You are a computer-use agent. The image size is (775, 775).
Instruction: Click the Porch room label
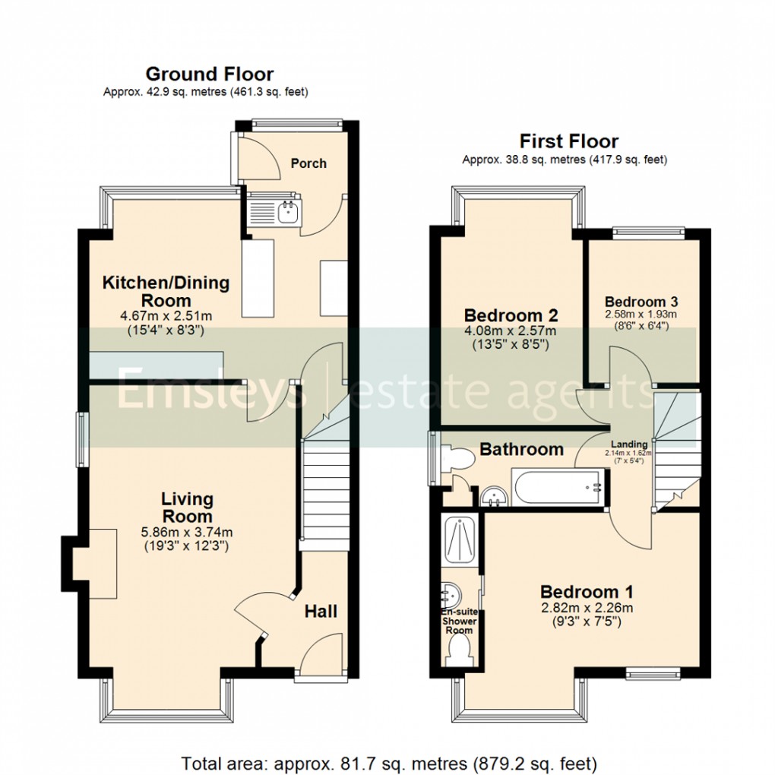308,163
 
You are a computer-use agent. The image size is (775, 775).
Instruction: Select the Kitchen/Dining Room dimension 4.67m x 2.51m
166,316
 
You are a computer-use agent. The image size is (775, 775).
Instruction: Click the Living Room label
187,508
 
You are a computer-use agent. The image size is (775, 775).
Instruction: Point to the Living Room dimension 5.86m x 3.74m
187,532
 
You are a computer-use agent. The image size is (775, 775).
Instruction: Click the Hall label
321,612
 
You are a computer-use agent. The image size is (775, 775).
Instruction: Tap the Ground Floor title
209,74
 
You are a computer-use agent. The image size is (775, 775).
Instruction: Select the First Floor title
568,141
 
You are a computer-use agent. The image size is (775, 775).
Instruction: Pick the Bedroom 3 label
640,299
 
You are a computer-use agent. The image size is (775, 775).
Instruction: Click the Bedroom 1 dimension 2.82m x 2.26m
587,607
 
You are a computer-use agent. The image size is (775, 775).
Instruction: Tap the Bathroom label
521,450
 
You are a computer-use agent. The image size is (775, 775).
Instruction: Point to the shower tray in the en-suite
460,541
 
